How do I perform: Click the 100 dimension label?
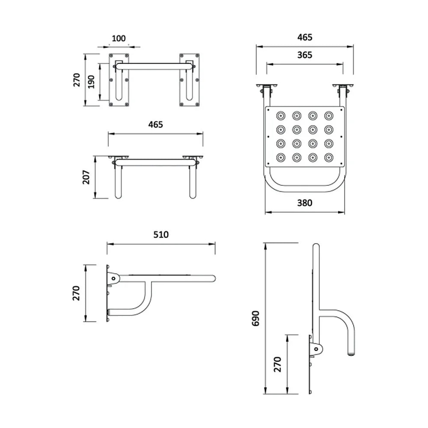[x=119, y=39]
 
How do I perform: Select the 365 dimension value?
[x=305, y=55]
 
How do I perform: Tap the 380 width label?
[x=305, y=203]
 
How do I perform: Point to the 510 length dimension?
[x=161, y=235]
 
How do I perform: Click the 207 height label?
[x=86, y=177]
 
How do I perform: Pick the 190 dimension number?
[x=92, y=82]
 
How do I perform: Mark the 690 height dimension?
[x=256, y=318]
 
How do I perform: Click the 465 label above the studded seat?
[x=305, y=37]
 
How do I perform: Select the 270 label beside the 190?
[x=77, y=80]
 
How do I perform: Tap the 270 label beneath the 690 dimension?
[x=277, y=364]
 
